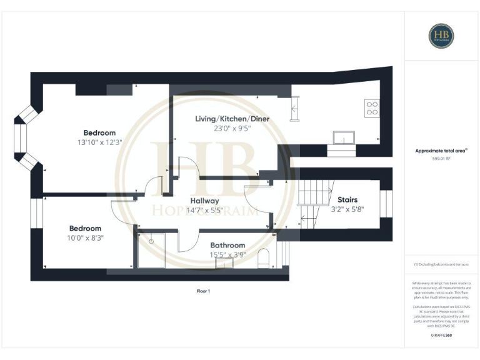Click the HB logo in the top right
coord(441,36)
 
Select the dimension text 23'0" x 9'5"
coord(218,128)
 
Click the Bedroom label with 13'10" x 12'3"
coord(100,132)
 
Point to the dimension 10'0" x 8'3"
coord(85,237)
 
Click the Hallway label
coord(205,201)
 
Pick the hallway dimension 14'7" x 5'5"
coord(205,210)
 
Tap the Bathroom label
coord(227,245)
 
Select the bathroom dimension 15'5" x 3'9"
coord(227,254)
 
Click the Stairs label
coord(347,200)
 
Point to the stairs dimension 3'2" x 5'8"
coord(347,209)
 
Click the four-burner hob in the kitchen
coord(371,109)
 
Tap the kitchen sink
coord(344,138)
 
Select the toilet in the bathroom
coord(263,259)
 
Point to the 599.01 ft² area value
coord(441,159)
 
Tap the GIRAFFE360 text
coord(441,336)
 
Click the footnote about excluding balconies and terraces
coord(441,264)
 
